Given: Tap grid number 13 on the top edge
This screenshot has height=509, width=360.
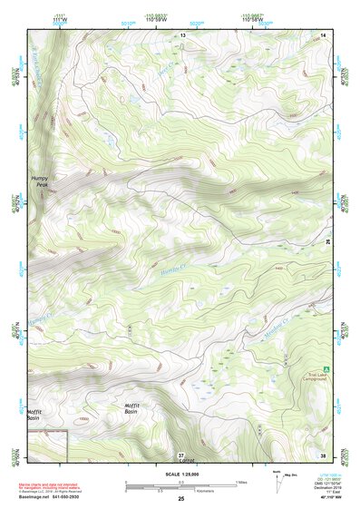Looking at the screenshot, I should click(x=182, y=34).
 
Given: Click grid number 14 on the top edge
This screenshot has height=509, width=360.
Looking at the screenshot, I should click(x=323, y=34).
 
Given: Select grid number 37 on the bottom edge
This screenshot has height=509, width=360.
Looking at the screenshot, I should click(x=181, y=454).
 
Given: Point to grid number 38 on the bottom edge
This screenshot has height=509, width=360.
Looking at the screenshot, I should click(x=323, y=454).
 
